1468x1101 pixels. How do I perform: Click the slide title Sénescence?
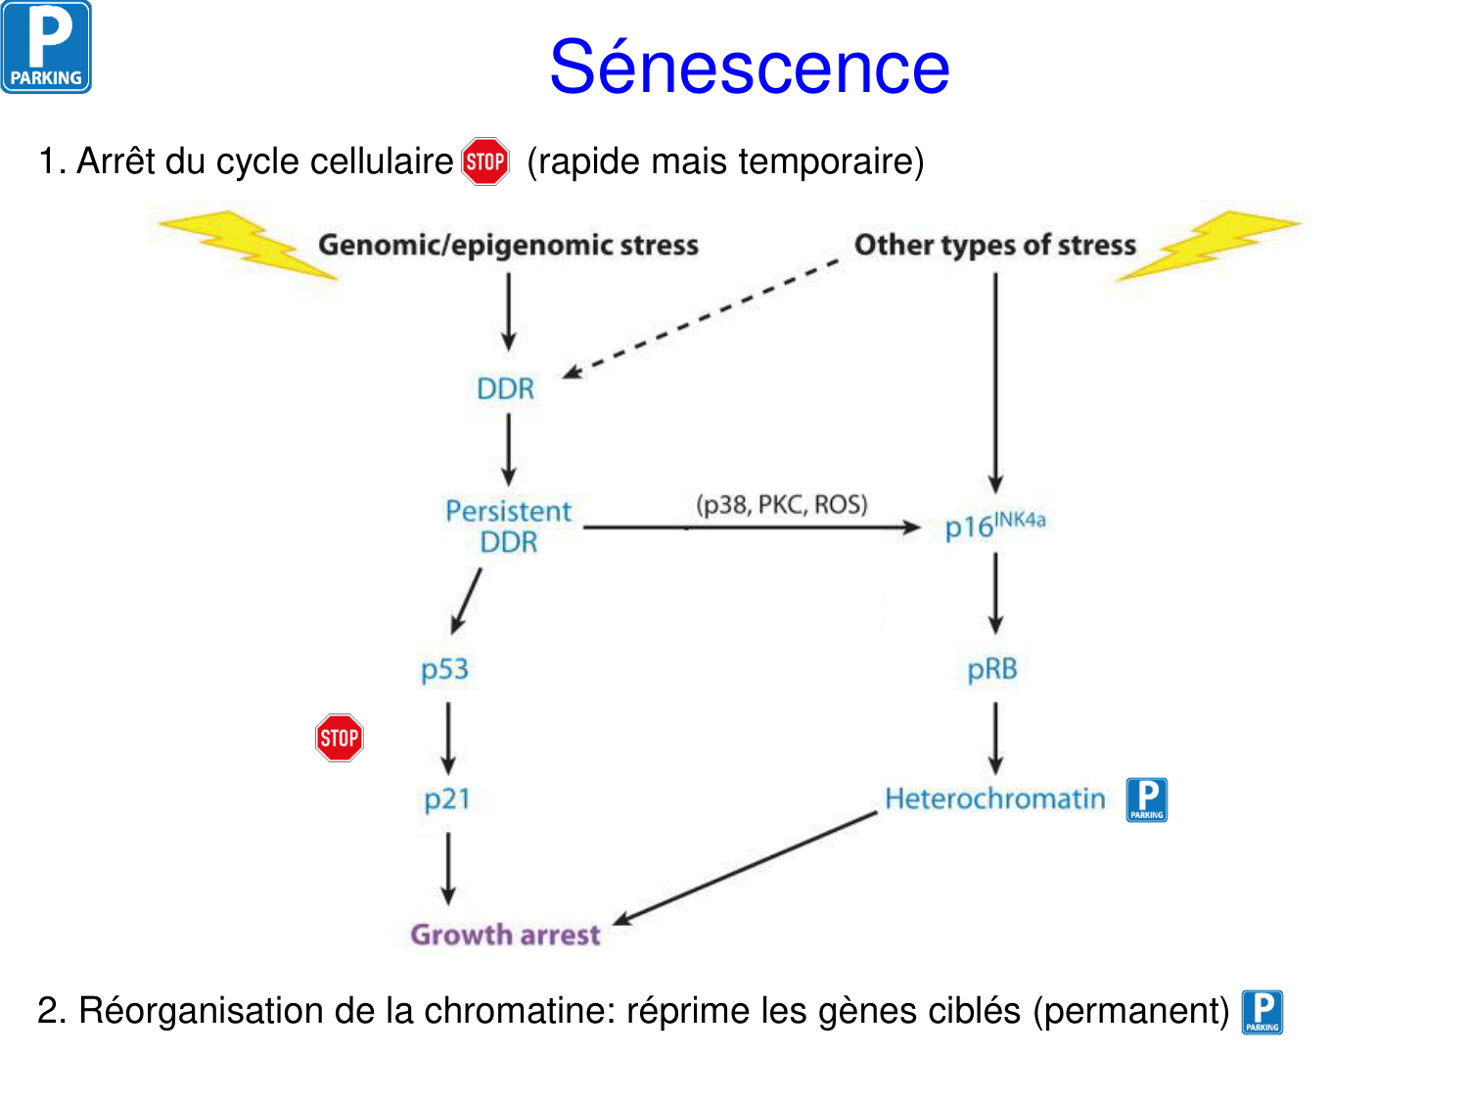pos(749,68)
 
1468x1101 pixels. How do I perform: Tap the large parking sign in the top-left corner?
pos(46,47)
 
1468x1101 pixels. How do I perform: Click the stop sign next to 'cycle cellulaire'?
pos(485,161)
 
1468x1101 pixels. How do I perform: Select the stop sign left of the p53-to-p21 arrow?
pos(340,738)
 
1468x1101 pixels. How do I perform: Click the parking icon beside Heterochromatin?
pos(1146,800)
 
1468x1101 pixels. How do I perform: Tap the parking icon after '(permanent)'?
pos(1262,1012)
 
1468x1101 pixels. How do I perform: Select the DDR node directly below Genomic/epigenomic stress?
pos(506,389)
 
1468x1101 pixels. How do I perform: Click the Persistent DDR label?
pos(508,527)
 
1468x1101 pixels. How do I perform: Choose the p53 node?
pos(445,669)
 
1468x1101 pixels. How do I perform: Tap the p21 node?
pos(447,799)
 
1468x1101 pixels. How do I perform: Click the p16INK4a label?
pos(994,525)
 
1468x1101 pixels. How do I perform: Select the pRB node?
pos(992,669)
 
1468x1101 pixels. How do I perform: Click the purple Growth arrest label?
pos(505,935)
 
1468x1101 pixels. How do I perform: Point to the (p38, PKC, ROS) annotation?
pos(782,504)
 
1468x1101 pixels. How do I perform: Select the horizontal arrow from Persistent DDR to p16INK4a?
pos(752,528)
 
